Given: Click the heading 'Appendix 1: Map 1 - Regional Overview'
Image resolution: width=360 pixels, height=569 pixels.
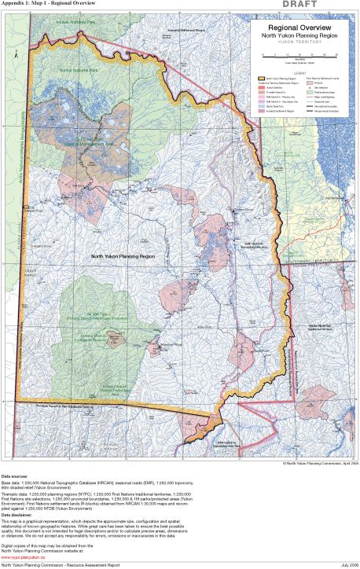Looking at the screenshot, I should (50, 4).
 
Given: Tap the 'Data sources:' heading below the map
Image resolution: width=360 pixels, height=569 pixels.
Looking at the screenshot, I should (17, 476).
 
